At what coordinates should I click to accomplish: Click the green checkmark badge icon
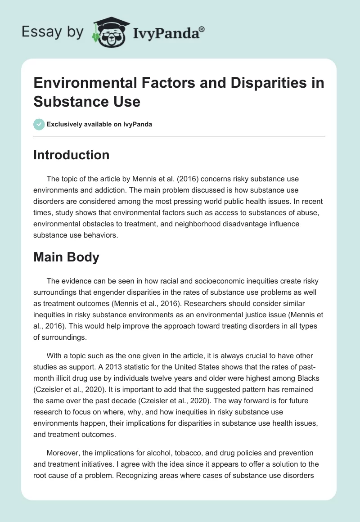tap(39, 124)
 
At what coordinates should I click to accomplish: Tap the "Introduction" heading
tap(72, 155)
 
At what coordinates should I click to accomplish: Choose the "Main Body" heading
tap(66, 258)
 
